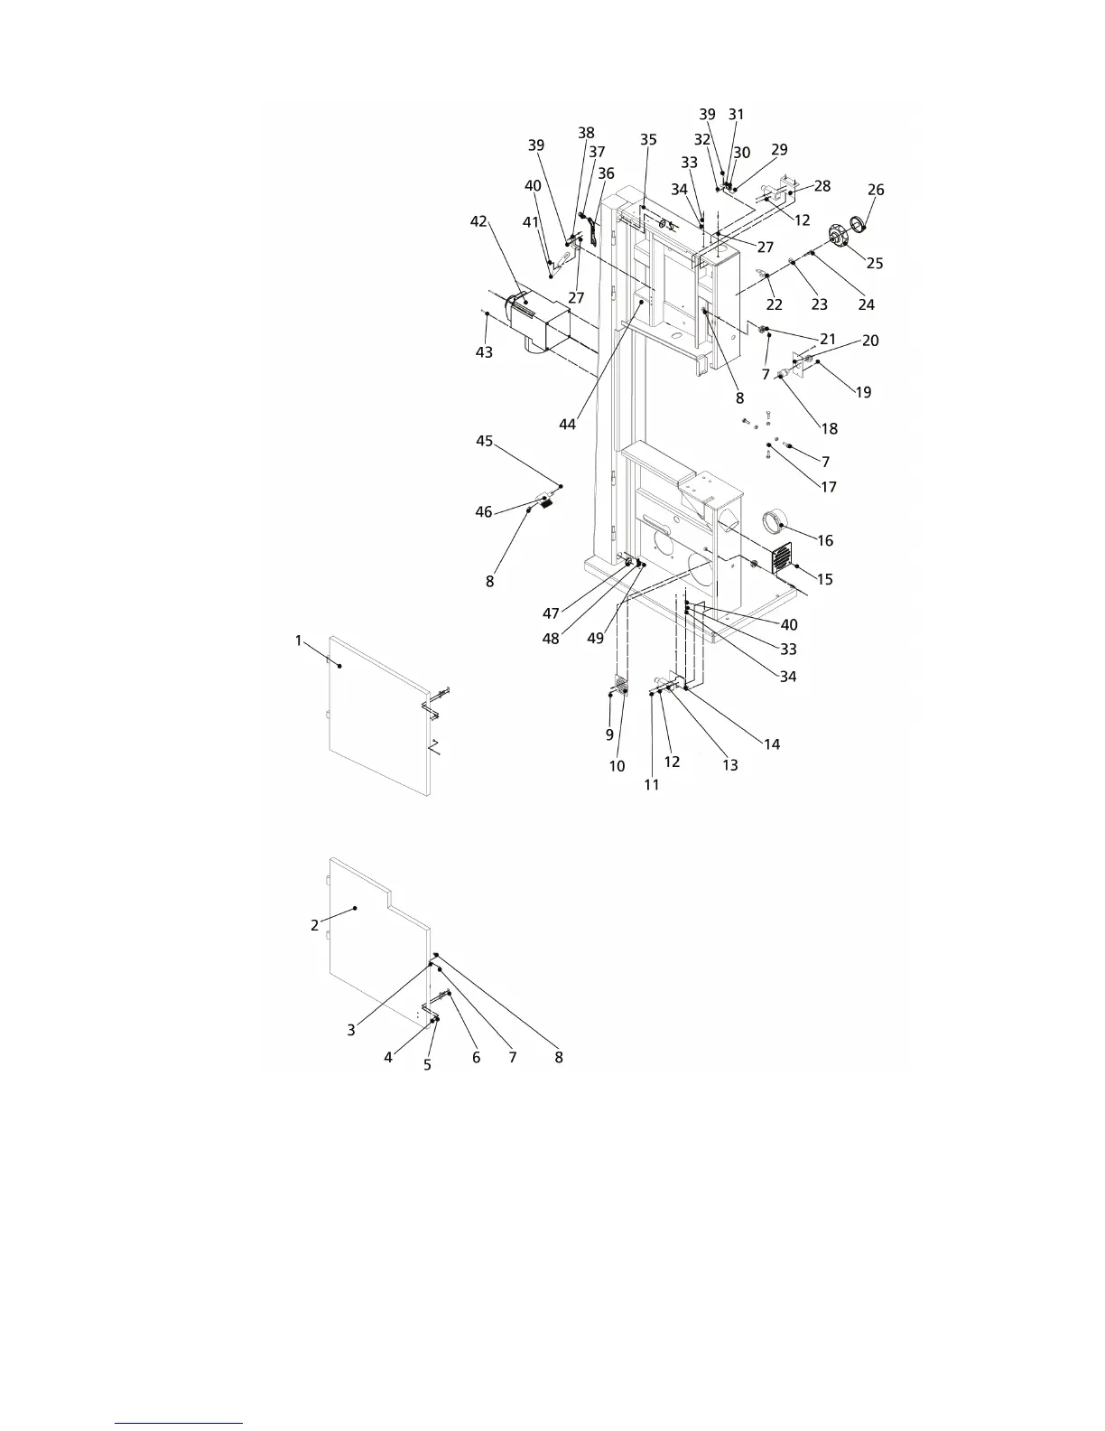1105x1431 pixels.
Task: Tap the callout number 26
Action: pyautogui.click(x=876, y=190)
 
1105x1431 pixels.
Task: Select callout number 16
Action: pyautogui.click(x=825, y=540)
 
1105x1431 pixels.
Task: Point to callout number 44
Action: pyautogui.click(x=568, y=424)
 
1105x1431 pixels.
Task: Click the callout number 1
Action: pyautogui.click(x=299, y=641)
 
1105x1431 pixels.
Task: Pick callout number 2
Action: pyautogui.click(x=314, y=925)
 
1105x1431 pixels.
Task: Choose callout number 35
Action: pyautogui.click(x=648, y=140)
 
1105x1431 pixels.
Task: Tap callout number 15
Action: pyautogui.click(x=825, y=580)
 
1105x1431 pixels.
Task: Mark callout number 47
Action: pyautogui.click(x=551, y=613)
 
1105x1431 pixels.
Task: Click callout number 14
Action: pyautogui.click(x=771, y=744)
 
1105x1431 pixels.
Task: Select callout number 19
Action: pyautogui.click(x=863, y=392)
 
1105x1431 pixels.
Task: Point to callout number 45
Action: pyautogui.click(x=485, y=441)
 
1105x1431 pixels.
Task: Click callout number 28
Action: pyautogui.click(x=822, y=186)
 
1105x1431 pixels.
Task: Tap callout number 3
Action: pyautogui.click(x=351, y=1029)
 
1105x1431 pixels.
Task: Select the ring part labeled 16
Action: pyautogui.click(x=775, y=523)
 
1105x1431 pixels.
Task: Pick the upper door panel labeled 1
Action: pyautogui.click(x=379, y=714)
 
